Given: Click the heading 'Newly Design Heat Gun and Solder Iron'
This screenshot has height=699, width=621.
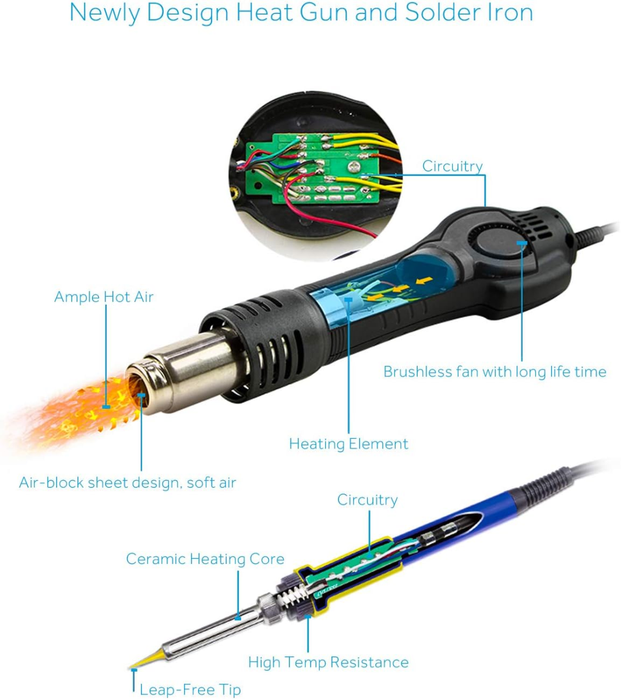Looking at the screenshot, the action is point(301,13).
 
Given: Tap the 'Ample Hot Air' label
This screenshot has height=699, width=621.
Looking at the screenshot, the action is point(104,296).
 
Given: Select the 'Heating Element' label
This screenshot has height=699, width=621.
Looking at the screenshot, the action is point(348,444).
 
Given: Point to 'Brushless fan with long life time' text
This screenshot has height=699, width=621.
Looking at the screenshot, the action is point(495,372).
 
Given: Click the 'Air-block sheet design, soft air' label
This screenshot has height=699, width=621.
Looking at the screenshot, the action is point(128,483).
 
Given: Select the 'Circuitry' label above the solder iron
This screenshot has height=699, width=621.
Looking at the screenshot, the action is point(367,500).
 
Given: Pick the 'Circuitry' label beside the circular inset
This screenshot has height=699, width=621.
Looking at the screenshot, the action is point(452,166).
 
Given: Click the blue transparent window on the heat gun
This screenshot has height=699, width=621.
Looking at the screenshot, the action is point(379,287).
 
